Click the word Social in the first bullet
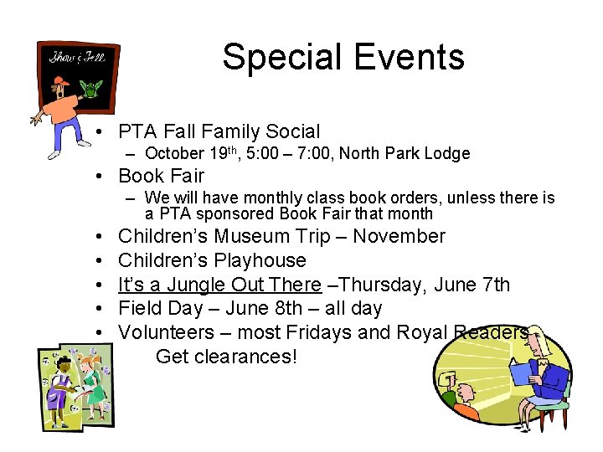pyautogui.click(x=292, y=131)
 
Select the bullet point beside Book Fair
pyautogui.click(x=99, y=176)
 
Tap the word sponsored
pyautogui.click(x=222, y=213)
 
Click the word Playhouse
pyautogui.click(x=260, y=260)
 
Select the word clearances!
pyautogui.click(x=249, y=357)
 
